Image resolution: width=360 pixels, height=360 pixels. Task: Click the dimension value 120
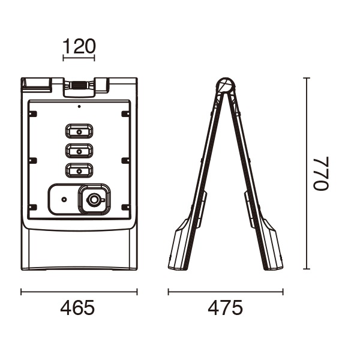pyautogui.click(x=79, y=46)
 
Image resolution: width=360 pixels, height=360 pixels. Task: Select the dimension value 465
pyautogui.click(x=77, y=308)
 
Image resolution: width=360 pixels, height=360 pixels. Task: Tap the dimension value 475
pyautogui.click(x=225, y=308)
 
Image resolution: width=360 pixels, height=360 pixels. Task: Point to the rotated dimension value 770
pyautogui.click(x=321, y=173)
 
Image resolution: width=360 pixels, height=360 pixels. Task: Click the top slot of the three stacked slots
pyautogui.click(x=79, y=131)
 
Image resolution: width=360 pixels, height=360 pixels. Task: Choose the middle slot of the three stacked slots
pyautogui.click(x=79, y=151)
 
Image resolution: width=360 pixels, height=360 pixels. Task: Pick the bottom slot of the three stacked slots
pyautogui.click(x=79, y=170)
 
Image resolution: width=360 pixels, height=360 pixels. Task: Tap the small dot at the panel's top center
pyautogui.click(x=79, y=106)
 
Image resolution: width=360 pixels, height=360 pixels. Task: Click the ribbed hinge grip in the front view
pyautogui.click(x=79, y=85)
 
